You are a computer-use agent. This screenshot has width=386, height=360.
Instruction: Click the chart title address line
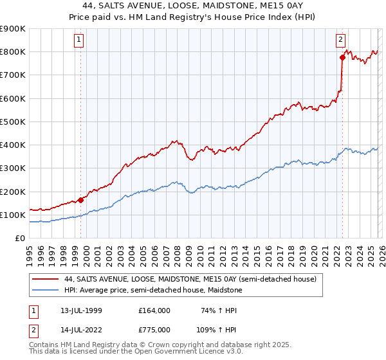[193, 6]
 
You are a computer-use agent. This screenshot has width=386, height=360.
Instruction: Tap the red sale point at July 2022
[343, 58]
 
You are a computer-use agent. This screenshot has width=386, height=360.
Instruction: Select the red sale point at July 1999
[81, 200]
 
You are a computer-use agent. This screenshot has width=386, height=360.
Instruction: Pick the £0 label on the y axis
[20, 239]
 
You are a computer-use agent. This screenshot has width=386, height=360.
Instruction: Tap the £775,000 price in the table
[155, 330]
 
